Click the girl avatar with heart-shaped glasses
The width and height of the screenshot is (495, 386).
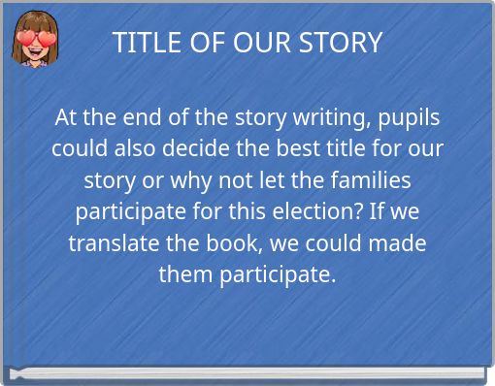pyautogui.click(x=34, y=40)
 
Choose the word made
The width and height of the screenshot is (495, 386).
pyautogui.click(x=400, y=243)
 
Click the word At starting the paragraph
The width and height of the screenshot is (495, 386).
pyautogui.click(x=66, y=118)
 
